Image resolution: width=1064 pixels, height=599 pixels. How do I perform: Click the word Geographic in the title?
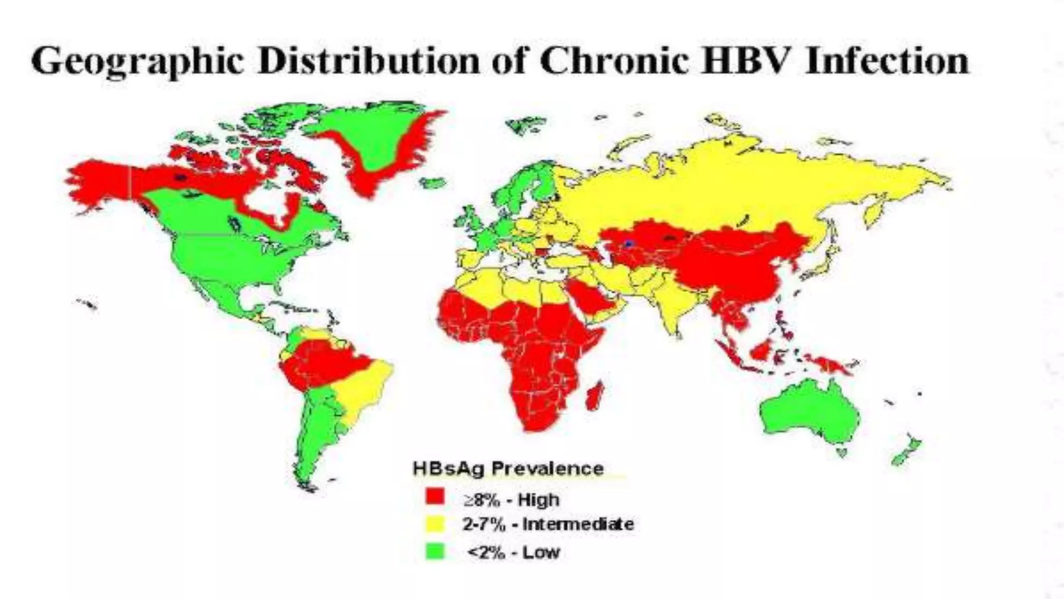pyautogui.click(x=137, y=61)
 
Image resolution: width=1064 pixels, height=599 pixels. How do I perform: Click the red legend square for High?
pyautogui.click(x=435, y=497)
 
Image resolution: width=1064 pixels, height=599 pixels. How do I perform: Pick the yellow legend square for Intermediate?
pyautogui.click(x=435, y=524)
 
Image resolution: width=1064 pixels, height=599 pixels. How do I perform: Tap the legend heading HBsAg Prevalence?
pyautogui.click(x=508, y=468)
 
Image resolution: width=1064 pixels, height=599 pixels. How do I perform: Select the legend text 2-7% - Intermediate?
pyautogui.click(x=548, y=524)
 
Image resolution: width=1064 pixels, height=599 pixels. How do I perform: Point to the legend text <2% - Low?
pyautogui.click(x=513, y=552)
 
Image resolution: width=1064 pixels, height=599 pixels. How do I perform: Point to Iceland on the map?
pyautogui.click(x=433, y=183)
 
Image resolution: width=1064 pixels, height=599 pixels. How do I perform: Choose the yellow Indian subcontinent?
pyautogui.click(x=675, y=302)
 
